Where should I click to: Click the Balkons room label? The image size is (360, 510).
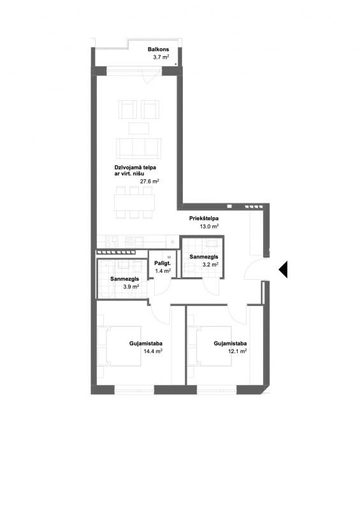(158, 50)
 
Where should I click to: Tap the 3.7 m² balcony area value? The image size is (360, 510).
(161, 57)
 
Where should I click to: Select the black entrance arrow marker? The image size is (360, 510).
(283, 270)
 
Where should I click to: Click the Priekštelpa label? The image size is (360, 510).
(204, 219)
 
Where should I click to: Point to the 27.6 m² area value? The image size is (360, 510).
(149, 182)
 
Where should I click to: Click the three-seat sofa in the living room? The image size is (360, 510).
(138, 148)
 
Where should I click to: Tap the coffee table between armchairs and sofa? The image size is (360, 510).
(138, 128)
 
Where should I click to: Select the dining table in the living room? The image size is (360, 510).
(134, 202)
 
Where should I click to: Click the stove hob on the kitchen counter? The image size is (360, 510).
(112, 242)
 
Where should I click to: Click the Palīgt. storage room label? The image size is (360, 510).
(162, 263)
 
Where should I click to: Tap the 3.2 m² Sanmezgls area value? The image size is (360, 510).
(210, 265)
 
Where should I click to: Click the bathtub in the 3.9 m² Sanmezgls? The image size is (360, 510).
(105, 279)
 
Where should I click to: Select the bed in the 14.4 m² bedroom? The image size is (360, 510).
(119, 346)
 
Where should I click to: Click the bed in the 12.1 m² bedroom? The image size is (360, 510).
(210, 346)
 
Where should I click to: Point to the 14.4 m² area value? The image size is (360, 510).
(153, 351)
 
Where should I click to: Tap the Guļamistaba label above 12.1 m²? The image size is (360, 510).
(230, 344)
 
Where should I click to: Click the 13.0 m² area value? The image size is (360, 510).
(209, 226)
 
